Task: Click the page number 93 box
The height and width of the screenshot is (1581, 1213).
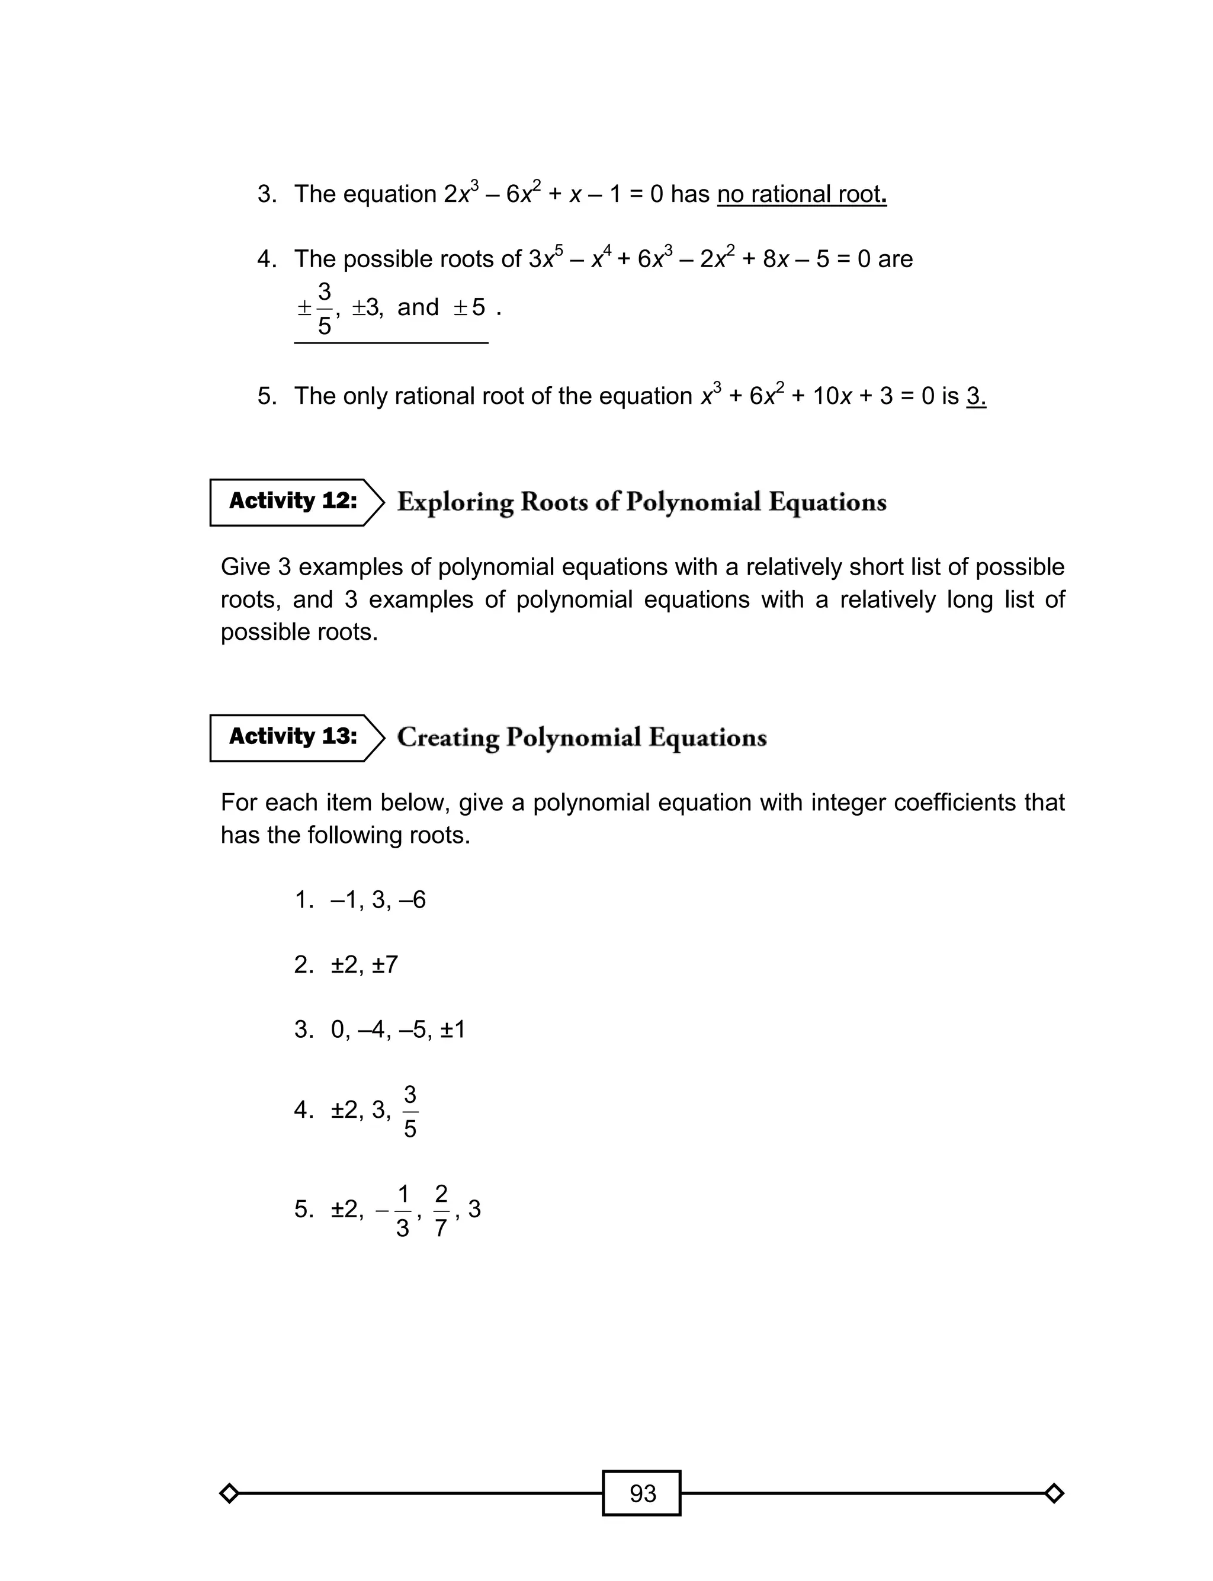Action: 641,1493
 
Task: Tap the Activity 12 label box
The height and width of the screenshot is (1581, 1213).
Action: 293,502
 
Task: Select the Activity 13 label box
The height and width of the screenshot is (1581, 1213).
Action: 293,737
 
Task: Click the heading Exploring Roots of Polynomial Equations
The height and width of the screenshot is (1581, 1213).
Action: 641,502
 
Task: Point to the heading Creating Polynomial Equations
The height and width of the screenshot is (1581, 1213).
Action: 581,737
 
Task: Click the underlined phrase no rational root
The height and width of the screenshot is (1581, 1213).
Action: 801,194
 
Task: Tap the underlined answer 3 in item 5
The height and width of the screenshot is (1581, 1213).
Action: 975,396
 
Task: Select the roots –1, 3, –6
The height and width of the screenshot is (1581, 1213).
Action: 378,900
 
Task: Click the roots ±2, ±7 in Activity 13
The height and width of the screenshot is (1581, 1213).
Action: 365,964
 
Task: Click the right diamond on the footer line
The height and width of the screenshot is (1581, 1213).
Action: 1054,1493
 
